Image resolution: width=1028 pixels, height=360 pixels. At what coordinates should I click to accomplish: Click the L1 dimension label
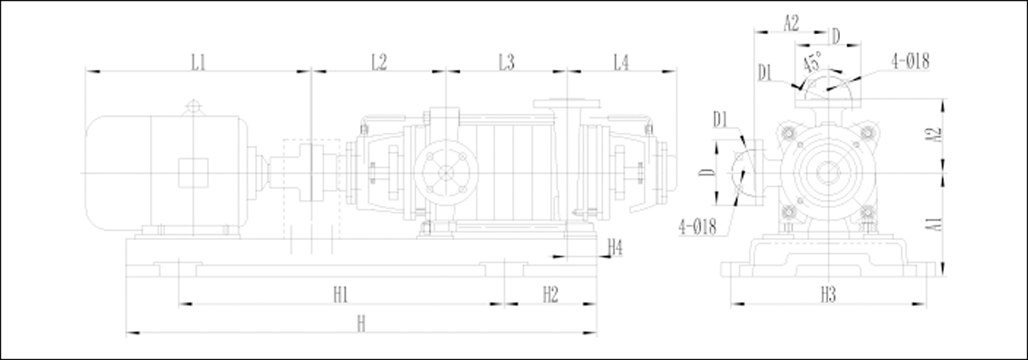point(198,62)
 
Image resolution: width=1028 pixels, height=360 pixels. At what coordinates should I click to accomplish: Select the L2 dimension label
point(379,62)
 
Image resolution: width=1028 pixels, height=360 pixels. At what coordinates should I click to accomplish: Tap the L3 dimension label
point(506,62)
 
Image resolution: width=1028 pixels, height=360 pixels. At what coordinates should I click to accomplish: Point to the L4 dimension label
point(621,62)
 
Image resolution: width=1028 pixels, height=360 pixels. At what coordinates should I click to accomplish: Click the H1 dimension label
point(340,294)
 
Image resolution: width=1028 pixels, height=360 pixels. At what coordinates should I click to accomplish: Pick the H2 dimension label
point(551,294)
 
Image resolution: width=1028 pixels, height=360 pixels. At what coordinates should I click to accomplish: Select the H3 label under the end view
point(828,294)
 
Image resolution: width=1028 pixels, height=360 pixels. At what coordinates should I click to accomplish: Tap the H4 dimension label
point(615,248)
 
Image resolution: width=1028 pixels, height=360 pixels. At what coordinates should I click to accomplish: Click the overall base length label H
point(362,323)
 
